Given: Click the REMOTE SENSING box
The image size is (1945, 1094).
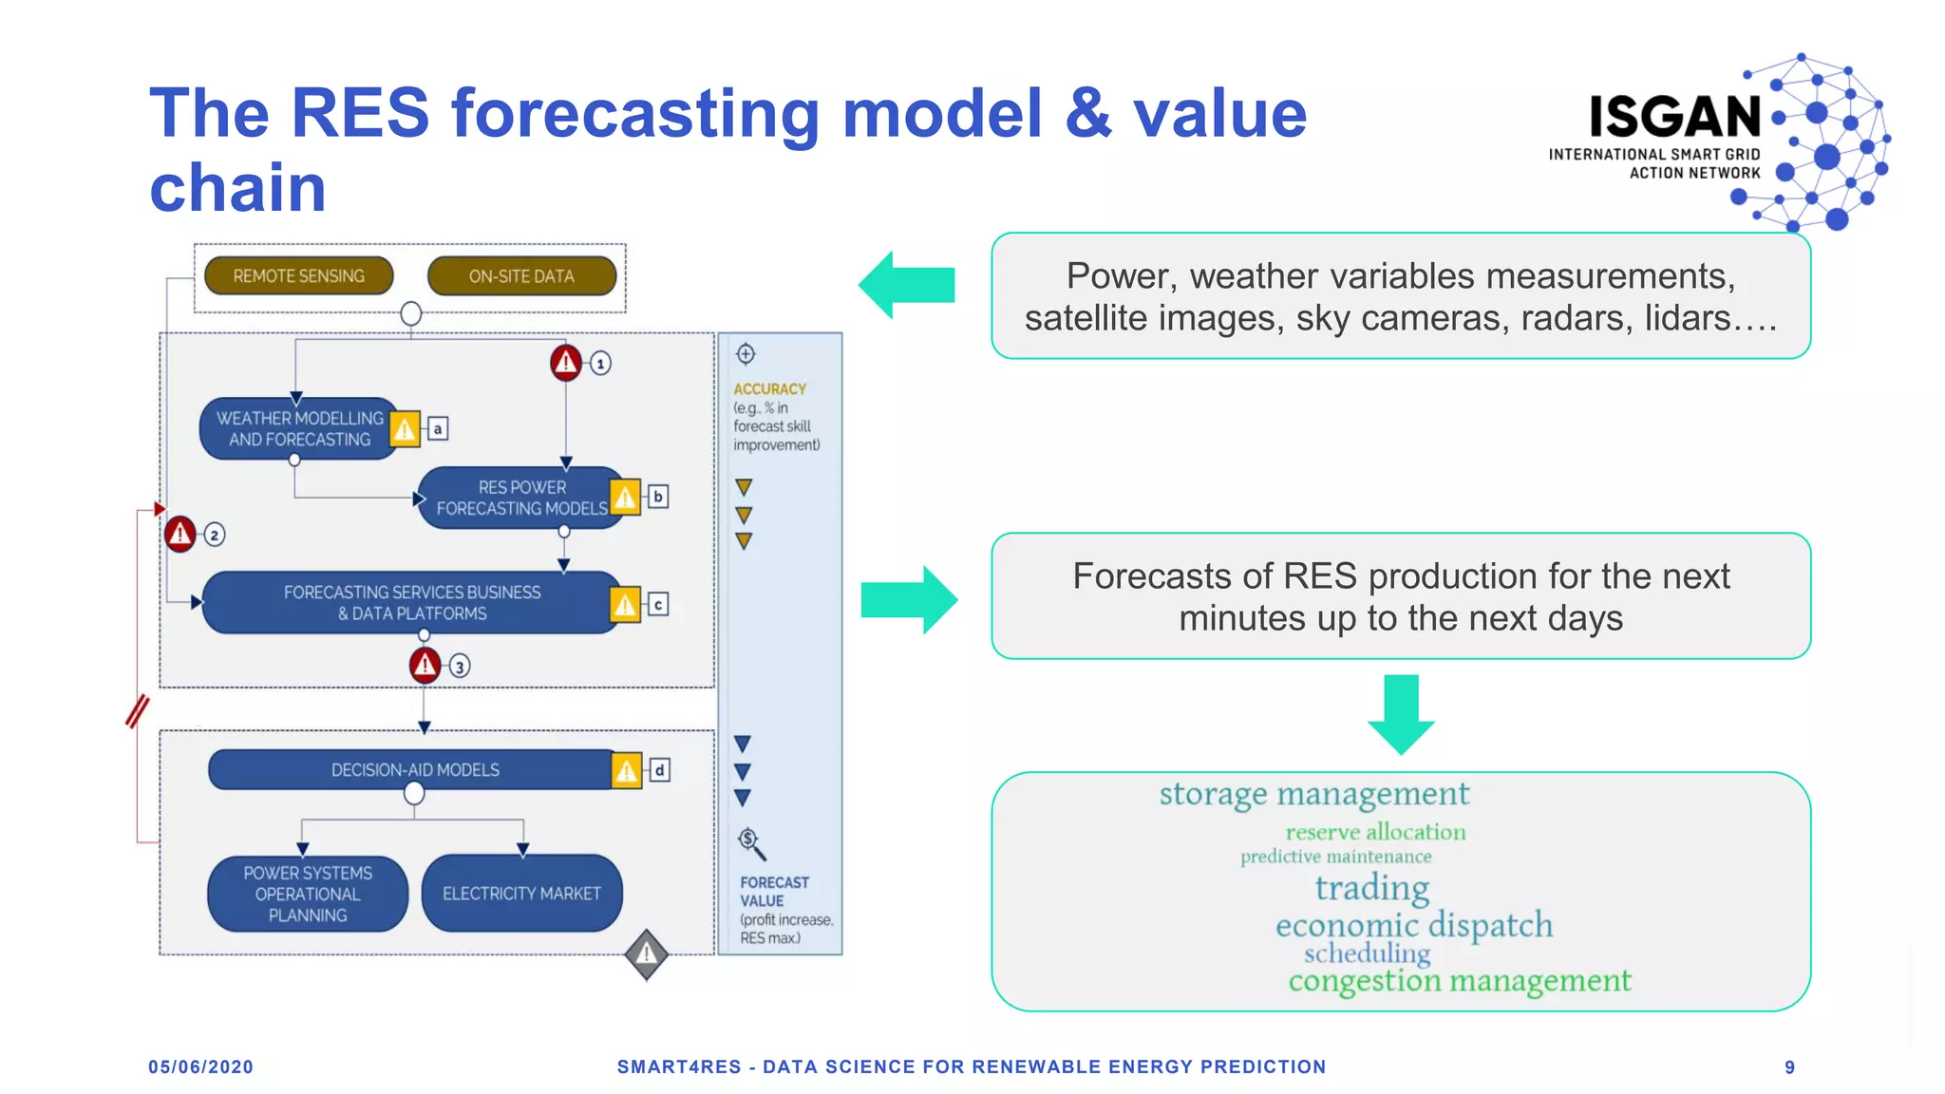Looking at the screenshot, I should (298, 276).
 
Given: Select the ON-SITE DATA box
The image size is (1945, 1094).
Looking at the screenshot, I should (521, 276).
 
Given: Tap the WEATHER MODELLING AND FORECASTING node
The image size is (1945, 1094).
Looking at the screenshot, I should (298, 428).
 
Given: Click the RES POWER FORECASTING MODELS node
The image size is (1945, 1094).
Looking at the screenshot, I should (520, 498).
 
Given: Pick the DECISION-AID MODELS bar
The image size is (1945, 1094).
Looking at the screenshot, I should (414, 770).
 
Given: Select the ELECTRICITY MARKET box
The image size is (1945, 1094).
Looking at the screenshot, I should (521, 894).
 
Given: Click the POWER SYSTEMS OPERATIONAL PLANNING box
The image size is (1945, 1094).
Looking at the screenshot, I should (308, 894).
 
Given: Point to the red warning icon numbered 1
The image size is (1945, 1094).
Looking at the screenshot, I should (566, 362).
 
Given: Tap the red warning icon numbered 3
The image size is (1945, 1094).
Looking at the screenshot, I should (425, 665).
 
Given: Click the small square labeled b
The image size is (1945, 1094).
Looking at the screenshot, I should (658, 497).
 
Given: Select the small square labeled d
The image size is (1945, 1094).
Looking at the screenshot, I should (659, 770).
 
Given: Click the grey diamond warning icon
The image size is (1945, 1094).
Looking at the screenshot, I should (647, 953).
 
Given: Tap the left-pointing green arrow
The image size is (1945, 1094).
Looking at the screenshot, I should (907, 285).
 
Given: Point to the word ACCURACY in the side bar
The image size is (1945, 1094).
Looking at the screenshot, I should (769, 389).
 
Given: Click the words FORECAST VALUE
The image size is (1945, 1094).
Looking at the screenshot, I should (773, 892).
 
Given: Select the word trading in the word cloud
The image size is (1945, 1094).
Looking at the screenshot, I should (1371, 888).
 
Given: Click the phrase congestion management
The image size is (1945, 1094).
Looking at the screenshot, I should (1459, 980).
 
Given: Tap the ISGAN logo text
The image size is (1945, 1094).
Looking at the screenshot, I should (1674, 117).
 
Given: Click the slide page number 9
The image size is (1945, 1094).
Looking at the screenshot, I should (1789, 1067).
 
